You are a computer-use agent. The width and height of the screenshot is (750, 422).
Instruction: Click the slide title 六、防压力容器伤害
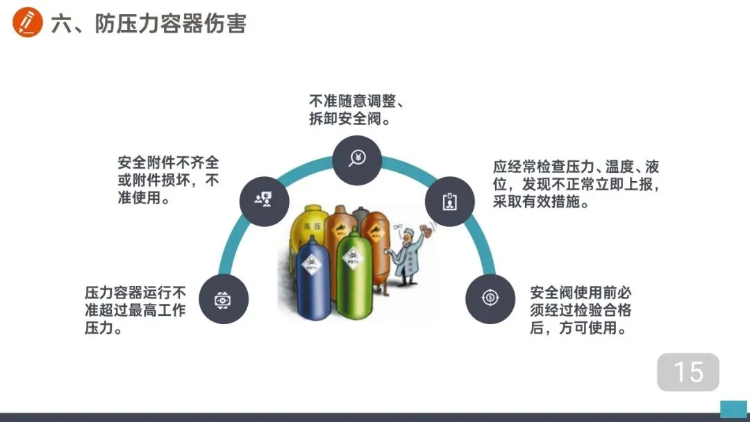[149, 24]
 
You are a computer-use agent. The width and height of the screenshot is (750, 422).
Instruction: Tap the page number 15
[688, 372]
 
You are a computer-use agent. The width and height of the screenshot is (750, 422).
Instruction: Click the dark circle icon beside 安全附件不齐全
[264, 200]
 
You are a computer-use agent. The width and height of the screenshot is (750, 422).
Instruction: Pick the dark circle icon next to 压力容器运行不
[223, 299]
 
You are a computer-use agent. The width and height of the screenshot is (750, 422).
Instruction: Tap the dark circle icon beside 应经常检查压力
[450, 201]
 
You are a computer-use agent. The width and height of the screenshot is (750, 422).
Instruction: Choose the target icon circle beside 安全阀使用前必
[490, 298]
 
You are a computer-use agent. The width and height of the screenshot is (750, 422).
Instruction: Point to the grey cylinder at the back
[360, 215]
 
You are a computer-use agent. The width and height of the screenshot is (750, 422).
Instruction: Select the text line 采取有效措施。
[541, 203]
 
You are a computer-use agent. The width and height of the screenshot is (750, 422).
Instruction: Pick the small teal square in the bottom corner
[733, 409]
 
